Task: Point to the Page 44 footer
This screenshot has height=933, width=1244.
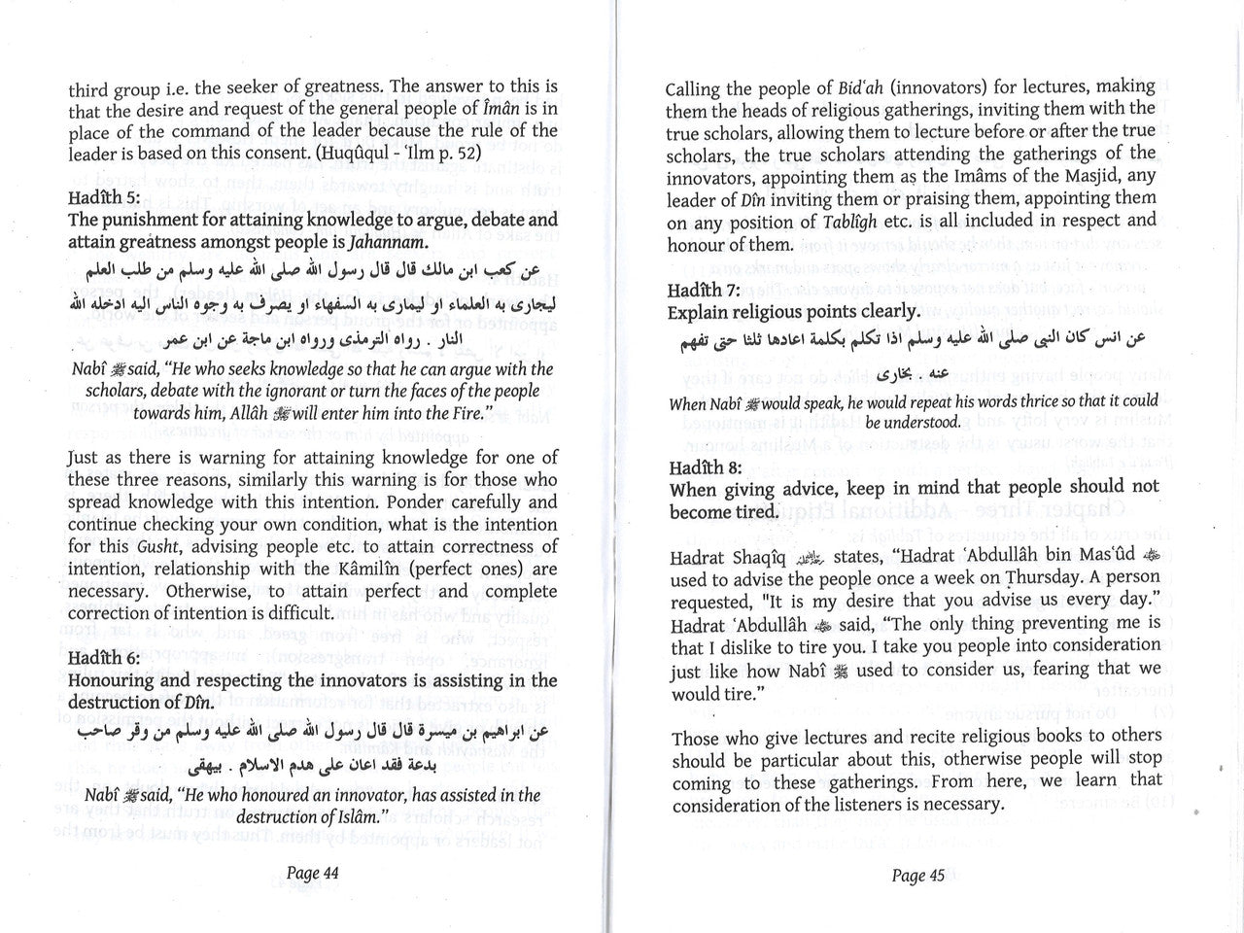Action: (312, 873)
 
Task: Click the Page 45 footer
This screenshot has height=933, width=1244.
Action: (917, 875)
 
